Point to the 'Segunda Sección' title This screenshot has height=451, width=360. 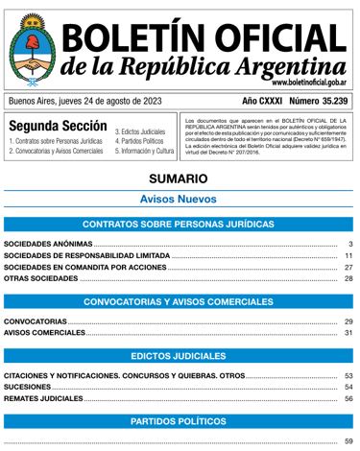[57, 128]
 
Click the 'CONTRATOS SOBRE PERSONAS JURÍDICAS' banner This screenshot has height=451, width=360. [180, 225]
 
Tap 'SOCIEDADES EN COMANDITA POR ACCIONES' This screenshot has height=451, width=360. [85, 269]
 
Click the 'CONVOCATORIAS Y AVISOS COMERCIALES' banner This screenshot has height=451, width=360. [180, 302]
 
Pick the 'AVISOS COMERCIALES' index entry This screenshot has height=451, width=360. [44, 333]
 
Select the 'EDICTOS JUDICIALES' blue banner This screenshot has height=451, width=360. [180, 356]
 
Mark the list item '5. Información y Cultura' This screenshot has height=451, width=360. [145, 152]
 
